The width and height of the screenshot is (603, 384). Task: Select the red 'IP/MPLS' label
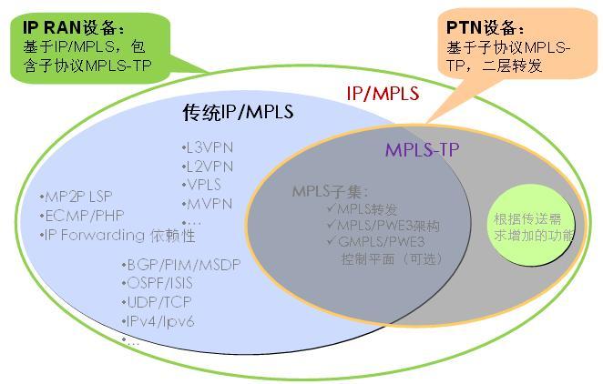click(x=383, y=93)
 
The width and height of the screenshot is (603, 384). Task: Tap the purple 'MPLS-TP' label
click(x=421, y=149)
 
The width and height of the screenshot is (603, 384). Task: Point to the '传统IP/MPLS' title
click(x=239, y=113)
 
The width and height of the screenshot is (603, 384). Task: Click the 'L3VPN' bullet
click(x=209, y=147)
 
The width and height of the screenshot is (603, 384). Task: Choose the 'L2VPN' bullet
click(x=209, y=166)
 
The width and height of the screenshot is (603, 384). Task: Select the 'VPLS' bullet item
click(x=204, y=184)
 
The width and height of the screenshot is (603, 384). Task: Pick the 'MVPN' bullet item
click(x=207, y=203)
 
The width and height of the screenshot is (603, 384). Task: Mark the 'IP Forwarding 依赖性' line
click(x=118, y=235)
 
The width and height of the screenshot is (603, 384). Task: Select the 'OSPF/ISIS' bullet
click(x=157, y=283)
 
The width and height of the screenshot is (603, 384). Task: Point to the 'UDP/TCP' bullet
click(x=153, y=302)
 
